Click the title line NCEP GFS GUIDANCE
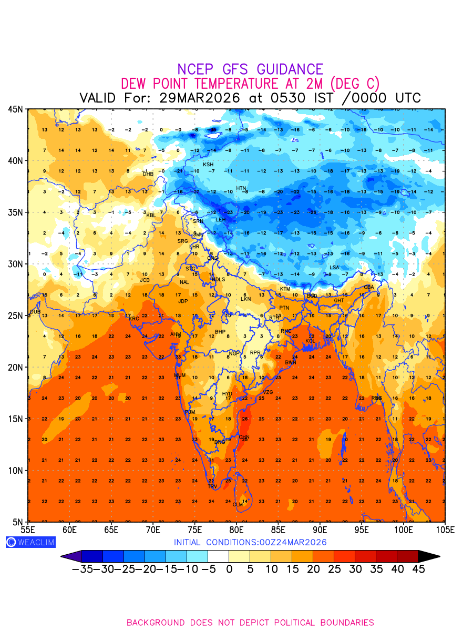pyautogui.click(x=250, y=69)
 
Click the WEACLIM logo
pyautogui.click(x=30, y=542)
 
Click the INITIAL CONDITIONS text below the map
pyautogui.click(x=250, y=542)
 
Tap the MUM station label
pyautogui.click(x=180, y=375)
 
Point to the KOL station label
pyautogui.click(x=311, y=341)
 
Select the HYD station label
pyautogui.click(x=227, y=394)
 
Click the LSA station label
pyautogui.click(x=334, y=268)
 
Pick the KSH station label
pyautogui.click(x=208, y=165)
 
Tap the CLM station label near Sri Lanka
pyautogui.click(x=238, y=505)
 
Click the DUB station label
pyautogui.click(x=35, y=312)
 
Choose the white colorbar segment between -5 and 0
pyautogui.click(x=218, y=556)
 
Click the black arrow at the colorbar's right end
pyautogui.click(x=429, y=556)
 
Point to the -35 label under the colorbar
pyautogui.click(x=82, y=569)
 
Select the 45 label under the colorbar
pyautogui.click(x=418, y=569)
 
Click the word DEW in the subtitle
pyautogui.click(x=135, y=84)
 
